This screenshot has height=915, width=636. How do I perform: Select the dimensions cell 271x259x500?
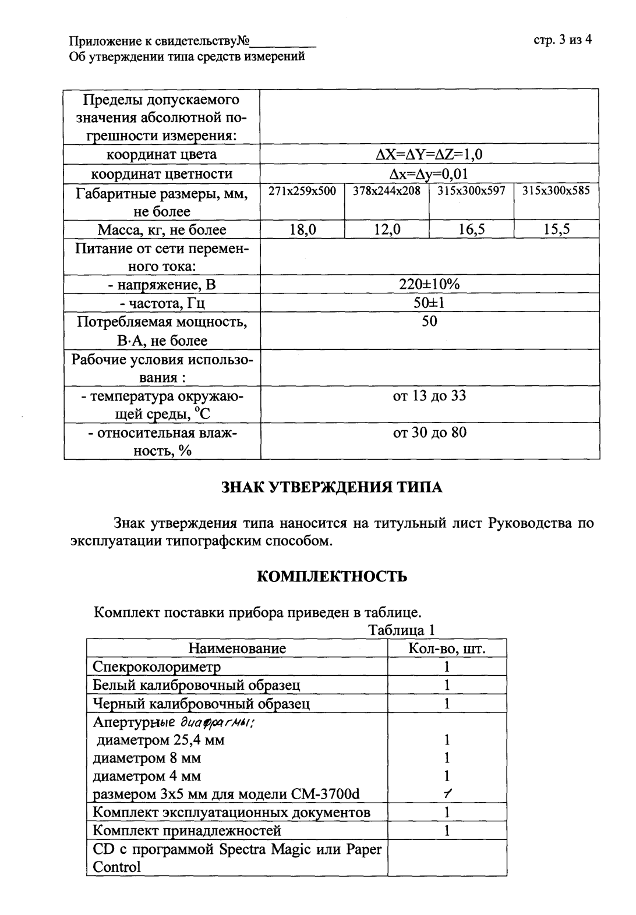[x=302, y=191]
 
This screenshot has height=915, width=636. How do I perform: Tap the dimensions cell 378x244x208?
[x=387, y=191]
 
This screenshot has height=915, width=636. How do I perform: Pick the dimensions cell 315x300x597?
[x=471, y=191]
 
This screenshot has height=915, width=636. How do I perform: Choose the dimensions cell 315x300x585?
[x=556, y=191]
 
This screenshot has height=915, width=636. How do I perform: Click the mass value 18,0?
[x=302, y=230]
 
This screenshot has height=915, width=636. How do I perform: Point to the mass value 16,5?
[x=471, y=230]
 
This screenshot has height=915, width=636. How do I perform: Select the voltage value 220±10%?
[x=429, y=285]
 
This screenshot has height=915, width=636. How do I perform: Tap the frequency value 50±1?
[x=429, y=303]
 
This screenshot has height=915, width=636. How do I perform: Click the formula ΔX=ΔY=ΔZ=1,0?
[x=429, y=155]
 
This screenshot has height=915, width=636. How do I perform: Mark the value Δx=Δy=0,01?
[x=429, y=174]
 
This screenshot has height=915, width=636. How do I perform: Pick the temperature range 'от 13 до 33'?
[x=429, y=396]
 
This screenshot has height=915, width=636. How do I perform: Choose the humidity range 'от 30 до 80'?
[x=429, y=432]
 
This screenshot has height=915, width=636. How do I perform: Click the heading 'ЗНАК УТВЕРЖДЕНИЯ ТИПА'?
[x=332, y=488]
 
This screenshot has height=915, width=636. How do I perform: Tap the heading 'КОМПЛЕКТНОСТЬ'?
[x=332, y=577]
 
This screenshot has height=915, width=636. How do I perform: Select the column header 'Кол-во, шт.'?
[x=447, y=648]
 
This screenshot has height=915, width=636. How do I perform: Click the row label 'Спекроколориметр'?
[x=157, y=666]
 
